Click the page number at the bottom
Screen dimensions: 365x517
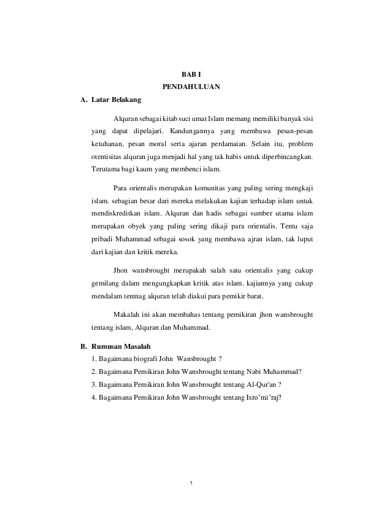[191, 483]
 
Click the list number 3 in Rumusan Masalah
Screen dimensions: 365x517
[93, 384]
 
